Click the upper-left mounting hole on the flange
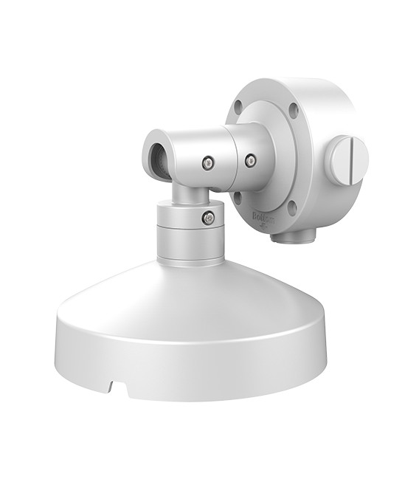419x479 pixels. tap(238, 108)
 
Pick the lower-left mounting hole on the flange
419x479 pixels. tap(238, 196)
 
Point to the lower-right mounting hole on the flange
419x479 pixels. tap(292, 209)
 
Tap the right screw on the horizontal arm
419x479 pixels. tap(250, 159)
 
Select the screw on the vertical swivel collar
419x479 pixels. tap(209, 218)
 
